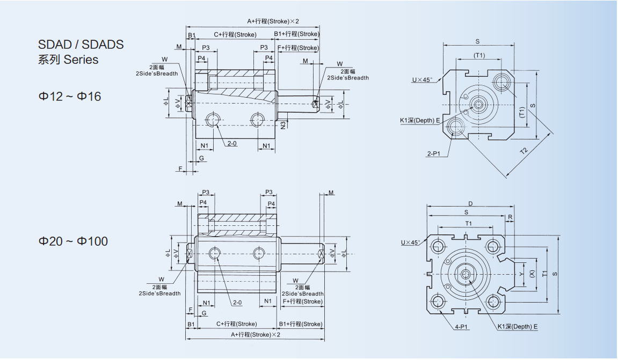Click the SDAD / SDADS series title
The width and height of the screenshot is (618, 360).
point(81,45)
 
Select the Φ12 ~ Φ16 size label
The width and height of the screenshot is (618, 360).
point(69,97)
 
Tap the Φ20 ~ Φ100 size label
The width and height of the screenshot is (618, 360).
point(72,241)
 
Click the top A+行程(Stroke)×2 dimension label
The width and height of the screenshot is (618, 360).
point(272,21)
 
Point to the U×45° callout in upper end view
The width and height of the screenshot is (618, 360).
point(422,80)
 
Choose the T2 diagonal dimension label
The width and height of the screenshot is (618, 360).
point(524,150)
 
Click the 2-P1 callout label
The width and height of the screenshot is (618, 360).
point(433,154)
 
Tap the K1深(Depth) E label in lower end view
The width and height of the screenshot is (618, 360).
point(517,326)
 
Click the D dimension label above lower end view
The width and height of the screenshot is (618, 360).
point(470,204)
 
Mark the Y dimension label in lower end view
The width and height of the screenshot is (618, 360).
point(521,274)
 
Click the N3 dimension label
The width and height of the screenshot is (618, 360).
point(283,124)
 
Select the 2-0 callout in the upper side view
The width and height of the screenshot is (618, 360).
point(232,144)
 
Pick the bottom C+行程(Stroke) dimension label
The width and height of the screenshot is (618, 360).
point(236,324)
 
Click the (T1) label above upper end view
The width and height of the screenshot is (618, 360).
point(479,55)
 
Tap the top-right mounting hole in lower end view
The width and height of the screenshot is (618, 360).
point(492,246)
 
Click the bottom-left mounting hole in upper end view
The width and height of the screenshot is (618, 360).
point(457,127)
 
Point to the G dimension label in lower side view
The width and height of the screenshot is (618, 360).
point(204,313)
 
